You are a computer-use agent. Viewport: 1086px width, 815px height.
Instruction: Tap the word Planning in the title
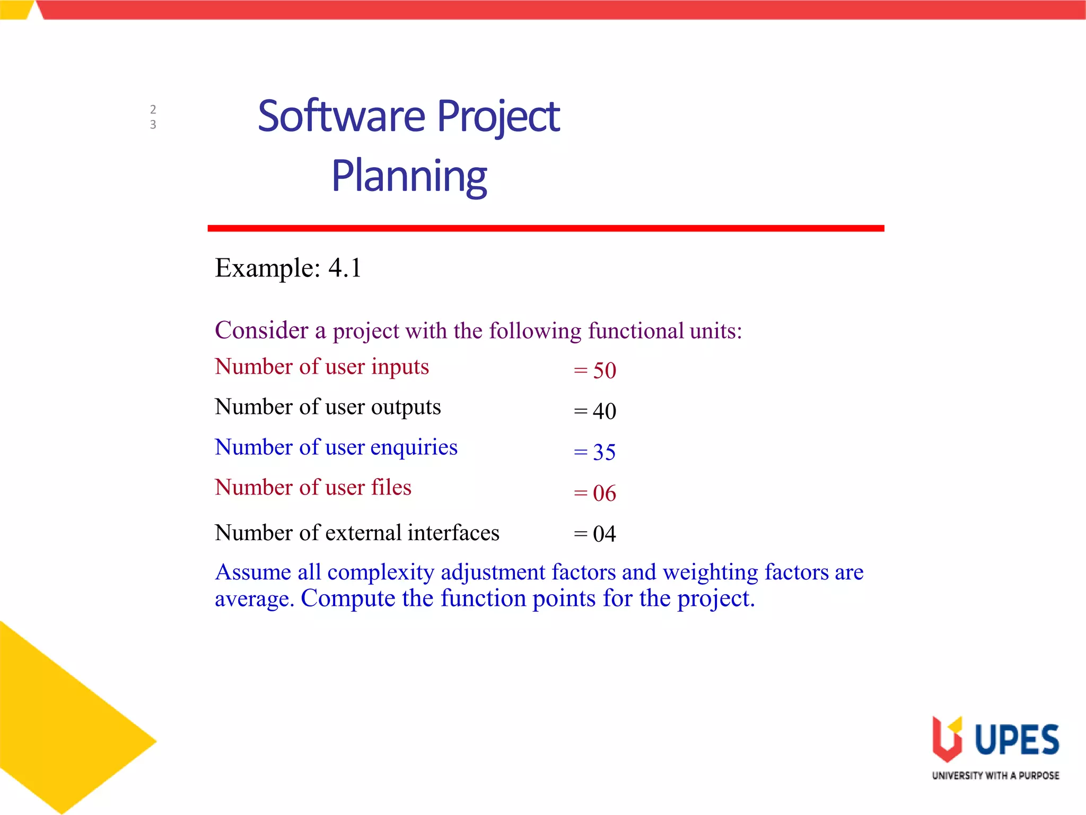point(409,176)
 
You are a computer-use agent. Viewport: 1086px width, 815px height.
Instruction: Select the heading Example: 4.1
point(288,267)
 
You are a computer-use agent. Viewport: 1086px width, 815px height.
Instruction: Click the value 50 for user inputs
point(604,370)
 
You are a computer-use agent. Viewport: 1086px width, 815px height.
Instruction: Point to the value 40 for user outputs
point(604,411)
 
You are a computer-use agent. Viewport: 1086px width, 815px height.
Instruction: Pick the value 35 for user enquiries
point(604,452)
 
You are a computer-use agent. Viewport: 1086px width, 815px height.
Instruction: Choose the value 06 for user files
point(604,493)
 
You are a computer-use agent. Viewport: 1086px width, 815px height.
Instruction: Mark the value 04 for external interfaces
point(604,534)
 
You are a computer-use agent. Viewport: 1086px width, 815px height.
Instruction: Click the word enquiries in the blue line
point(414,447)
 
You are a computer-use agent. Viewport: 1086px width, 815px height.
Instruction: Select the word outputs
point(406,407)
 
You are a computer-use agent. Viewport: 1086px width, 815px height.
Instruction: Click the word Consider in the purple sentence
point(261,330)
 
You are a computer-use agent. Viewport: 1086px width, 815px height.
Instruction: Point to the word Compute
point(348,599)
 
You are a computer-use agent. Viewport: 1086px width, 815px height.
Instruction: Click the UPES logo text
point(1017,740)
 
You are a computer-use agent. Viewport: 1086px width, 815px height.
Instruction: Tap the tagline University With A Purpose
point(995,775)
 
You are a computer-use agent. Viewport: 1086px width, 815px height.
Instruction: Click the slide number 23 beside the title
point(153,117)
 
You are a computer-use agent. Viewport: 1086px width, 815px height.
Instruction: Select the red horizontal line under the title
point(545,228)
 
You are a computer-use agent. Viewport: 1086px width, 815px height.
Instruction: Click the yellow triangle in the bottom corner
point(58,732)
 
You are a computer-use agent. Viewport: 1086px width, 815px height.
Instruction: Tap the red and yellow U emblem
point(947,739)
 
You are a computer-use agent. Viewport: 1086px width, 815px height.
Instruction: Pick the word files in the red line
point(391,488)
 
